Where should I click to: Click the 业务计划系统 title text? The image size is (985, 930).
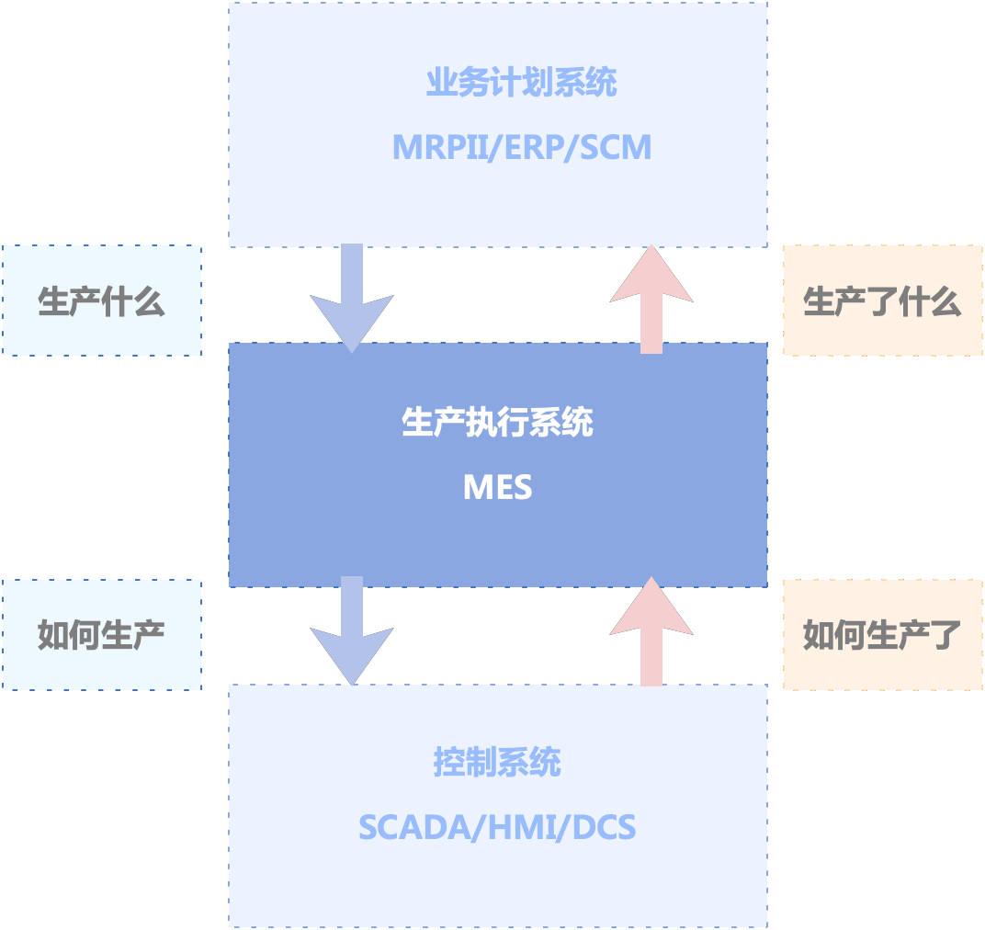tap(521, 84)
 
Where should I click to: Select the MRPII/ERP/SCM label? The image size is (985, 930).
tap(521, 147)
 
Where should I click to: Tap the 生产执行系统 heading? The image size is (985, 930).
tap(497, 423)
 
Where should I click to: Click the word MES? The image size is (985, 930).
tap(497, 487)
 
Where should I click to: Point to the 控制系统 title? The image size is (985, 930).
tap(497, 763)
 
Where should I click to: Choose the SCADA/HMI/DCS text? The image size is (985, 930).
tap(497, 827)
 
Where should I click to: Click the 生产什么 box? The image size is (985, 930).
tap(101, 301)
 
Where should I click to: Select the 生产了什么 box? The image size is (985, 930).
tap(882, 301)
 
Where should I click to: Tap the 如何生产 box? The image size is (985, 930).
tap(101, 635)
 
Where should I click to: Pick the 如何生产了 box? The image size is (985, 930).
tap(882, 635)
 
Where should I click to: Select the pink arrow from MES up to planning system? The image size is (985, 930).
tap(651, 299)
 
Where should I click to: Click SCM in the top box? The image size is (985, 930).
tap(615, 147)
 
